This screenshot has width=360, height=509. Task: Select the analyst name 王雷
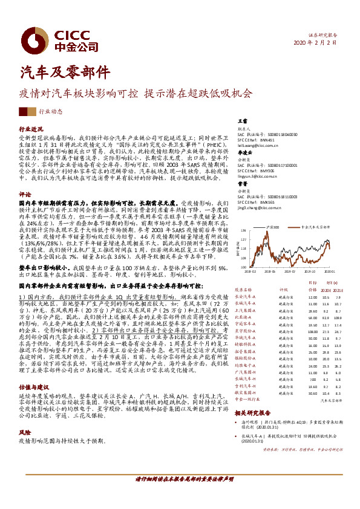tap(243, 122)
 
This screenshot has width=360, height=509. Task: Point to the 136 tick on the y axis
tap(242, 231)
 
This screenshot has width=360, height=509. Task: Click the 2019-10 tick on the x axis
tap(310, 273)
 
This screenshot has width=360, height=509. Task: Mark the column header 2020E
tap(327, 290)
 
